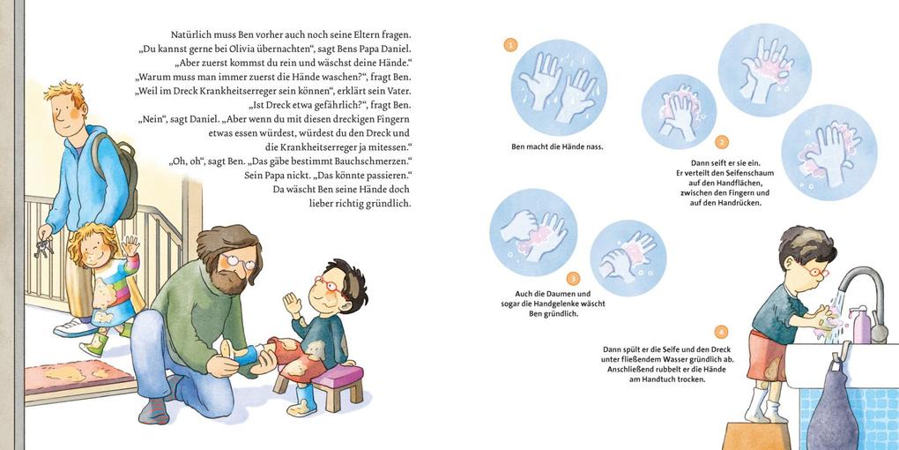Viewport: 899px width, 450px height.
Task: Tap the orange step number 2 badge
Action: coord(722,142)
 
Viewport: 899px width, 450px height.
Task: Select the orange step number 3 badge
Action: coord(573,278)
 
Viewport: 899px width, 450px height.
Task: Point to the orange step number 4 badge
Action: coord(721,332)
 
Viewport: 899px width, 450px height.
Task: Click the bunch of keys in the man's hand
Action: coord(43,247)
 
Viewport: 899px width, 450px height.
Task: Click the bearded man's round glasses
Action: coord(241,262)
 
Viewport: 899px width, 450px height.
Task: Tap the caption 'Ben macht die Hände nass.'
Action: coord(557,147)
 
